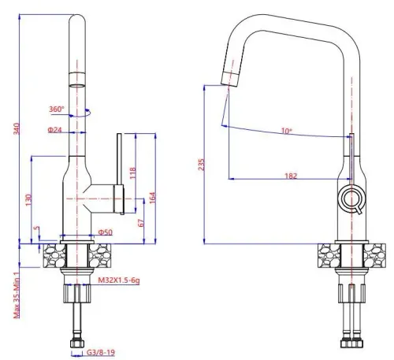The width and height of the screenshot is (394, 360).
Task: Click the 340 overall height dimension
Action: (17, 128)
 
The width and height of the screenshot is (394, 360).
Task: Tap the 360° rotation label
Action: (57, 109)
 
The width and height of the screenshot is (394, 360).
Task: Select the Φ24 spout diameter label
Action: (54, 129)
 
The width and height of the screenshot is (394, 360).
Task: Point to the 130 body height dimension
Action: (28, 200)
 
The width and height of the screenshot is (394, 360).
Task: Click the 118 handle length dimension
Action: (133, 173)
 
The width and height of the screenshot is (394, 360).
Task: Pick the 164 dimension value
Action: (152, 198)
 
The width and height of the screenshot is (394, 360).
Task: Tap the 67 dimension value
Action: (141, 223)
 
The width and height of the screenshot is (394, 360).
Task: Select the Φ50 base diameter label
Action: (106, 232)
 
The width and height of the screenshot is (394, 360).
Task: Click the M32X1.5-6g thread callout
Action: (119, 280)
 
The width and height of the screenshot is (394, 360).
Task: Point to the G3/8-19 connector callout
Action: (101, 352)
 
